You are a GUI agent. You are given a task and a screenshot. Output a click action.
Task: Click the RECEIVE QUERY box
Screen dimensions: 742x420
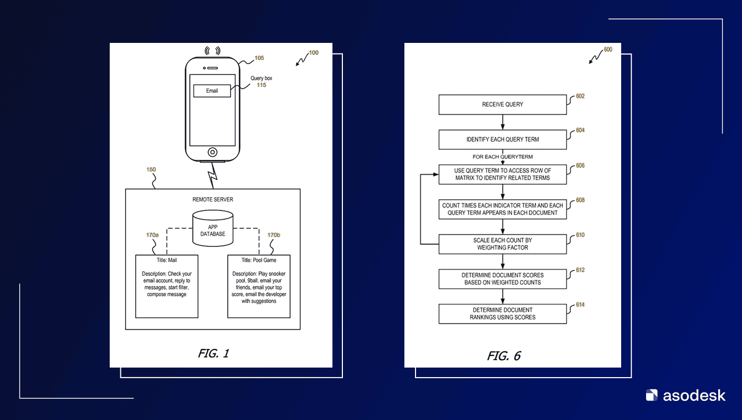coord(502,104)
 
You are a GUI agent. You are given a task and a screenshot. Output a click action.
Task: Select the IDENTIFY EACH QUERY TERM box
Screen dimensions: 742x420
coord(502,139)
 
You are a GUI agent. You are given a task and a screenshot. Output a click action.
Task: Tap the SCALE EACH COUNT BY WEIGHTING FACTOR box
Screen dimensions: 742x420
coord(502,244)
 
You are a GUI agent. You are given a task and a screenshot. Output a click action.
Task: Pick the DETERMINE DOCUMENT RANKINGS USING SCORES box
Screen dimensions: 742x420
coord(502,314)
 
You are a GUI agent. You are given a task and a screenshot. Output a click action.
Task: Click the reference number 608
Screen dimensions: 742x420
coord(580,200)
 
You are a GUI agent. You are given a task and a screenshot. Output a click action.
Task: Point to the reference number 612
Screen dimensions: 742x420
coord(580,270)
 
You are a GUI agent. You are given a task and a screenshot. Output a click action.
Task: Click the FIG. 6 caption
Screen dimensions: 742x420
coord(504,356)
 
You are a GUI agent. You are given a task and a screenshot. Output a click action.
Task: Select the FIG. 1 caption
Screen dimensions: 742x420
coord(213,353)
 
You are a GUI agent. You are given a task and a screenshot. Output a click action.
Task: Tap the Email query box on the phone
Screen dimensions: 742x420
coord(212,91)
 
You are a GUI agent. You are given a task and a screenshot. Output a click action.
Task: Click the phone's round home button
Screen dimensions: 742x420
coord(213,152)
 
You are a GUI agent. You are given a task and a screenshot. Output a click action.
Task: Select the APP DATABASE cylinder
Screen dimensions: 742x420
coord(213,228)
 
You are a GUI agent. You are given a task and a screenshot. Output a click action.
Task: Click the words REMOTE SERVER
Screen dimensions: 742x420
coord(213,199)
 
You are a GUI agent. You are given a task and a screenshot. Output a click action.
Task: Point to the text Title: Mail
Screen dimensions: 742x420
coord(166,260)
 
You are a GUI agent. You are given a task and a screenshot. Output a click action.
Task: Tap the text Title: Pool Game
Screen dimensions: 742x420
coord(259,260)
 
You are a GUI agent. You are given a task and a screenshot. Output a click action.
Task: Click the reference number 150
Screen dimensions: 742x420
coord(151,169)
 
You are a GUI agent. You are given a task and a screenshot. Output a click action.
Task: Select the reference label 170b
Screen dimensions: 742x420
coord(273,235)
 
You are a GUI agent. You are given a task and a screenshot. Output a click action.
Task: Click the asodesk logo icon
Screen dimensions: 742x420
coord(651,395)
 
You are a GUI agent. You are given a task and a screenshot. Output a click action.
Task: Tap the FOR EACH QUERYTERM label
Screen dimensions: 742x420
coord(502,157)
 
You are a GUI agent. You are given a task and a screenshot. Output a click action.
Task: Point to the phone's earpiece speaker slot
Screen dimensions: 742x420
coord(213,68)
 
